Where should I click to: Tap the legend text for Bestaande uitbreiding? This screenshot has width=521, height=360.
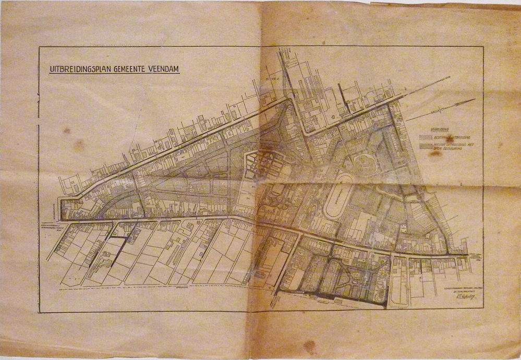tap(443, 138)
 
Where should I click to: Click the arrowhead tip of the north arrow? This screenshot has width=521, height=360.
tap(474, 100)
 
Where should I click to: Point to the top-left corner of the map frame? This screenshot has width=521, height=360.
tap(39, 47)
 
